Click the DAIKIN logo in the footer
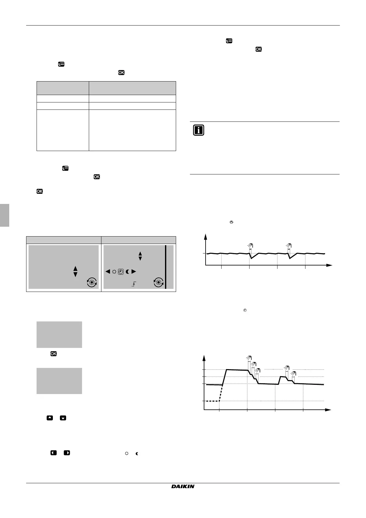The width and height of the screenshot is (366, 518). pos(183,486)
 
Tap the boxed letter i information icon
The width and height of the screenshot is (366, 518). pos(199,130)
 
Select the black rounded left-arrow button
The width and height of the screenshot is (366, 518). pos(53,453)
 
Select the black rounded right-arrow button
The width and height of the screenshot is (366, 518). pos(67,453)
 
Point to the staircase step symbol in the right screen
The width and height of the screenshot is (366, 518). pos(133,285)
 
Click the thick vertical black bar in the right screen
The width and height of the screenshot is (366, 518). pos(166,267)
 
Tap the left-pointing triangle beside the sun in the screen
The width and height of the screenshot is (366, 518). pos(108,272)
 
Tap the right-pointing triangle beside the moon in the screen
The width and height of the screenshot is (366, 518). pos(133,272)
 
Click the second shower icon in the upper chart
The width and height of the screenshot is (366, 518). pos(288,245)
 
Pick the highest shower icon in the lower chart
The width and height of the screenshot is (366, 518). pos(249,358)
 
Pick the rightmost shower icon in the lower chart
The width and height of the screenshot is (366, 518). pos(294,374)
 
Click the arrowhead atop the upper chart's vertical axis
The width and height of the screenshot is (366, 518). pos(205,236)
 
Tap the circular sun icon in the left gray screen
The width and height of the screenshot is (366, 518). pos(92,282)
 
